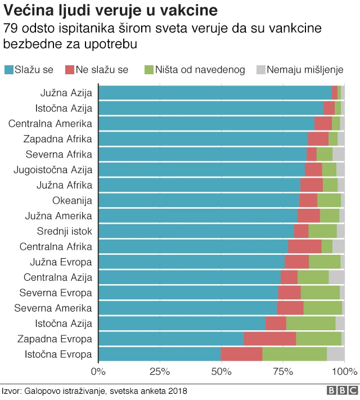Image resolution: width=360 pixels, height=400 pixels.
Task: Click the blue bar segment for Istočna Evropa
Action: click(x=160, y=354)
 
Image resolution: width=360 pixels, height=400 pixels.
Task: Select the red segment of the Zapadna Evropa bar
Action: click(x=269, y=339)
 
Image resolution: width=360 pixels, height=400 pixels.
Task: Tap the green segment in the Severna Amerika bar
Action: click(x=322, y=308)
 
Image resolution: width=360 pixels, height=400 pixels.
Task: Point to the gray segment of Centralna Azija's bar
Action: click(x=336, y=277)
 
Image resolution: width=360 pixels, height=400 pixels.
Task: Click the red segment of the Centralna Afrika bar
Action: click(x=304, y=246)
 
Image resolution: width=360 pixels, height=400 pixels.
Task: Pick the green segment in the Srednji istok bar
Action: click(x=322, y=231)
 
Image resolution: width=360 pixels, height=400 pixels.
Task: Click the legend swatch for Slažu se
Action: click(x=9, y=70)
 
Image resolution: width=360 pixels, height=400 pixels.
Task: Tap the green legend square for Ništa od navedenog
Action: click(x=149, y=70)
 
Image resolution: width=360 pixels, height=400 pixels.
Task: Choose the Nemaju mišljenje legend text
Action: click(x=305, y=70)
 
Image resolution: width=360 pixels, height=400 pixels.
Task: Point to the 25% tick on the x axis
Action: click(x=160, y=371)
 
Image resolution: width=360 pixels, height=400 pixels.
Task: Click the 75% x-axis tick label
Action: click(x=283, y=371)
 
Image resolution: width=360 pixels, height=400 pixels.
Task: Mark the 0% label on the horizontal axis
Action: click(x=98, y=371)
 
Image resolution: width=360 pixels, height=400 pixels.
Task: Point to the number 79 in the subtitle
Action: click(x=10, y=28)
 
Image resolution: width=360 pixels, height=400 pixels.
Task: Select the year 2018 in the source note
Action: click(x=177, y=391)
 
